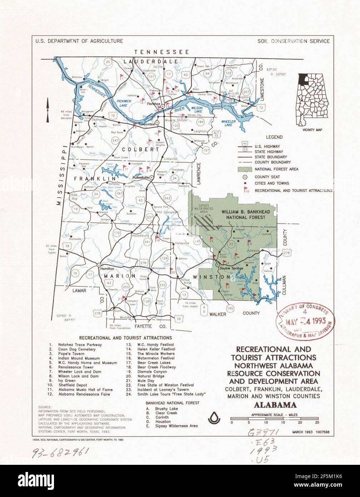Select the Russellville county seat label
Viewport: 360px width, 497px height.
(x=141, y=177)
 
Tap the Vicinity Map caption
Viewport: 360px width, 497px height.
(x=312, y=130)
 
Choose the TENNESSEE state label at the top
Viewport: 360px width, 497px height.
(x=162, y=52)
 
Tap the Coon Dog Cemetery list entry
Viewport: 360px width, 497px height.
(x=77, y=349)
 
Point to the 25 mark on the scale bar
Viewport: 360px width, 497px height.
(x=317, y=422)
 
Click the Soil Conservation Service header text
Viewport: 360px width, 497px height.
(x=294, y=41)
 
